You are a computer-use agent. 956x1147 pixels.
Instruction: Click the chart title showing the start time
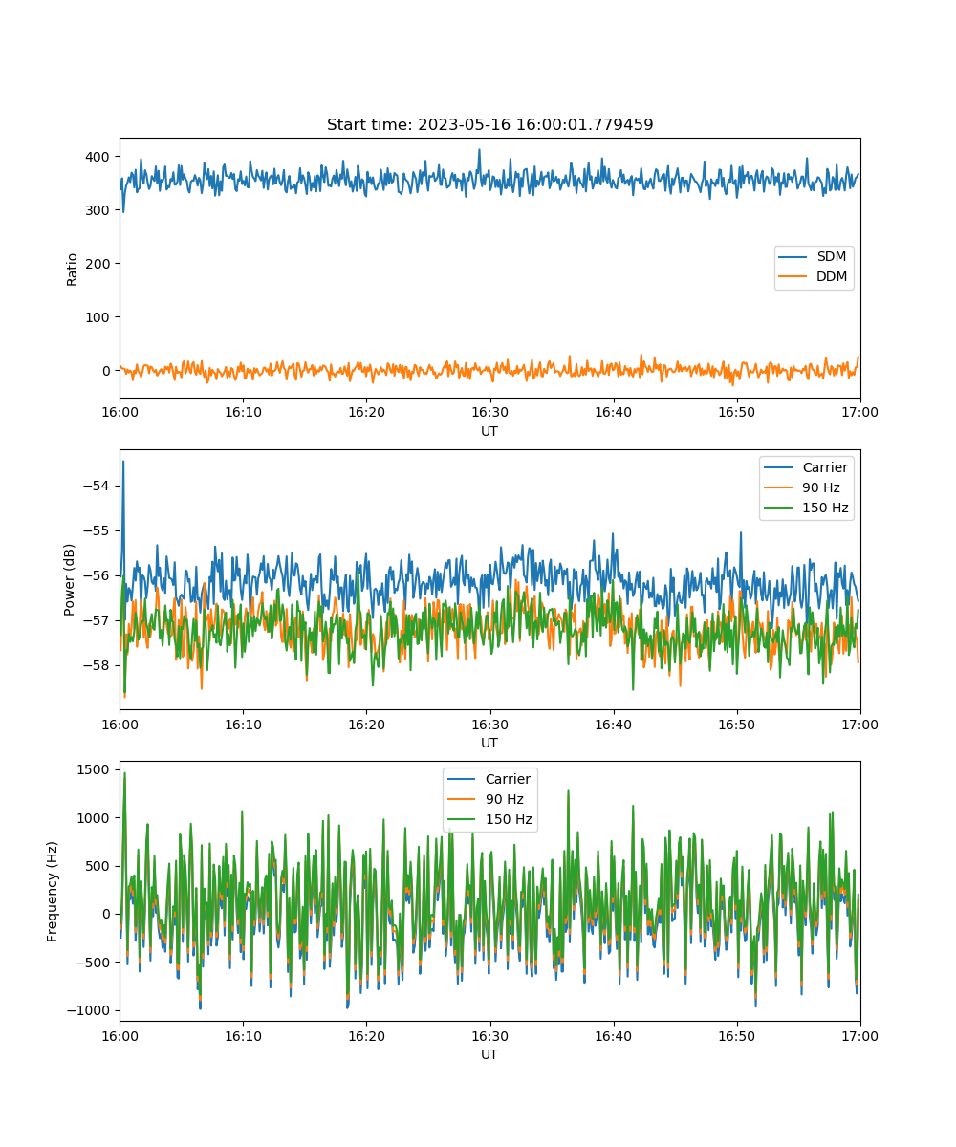[x=489, y=124]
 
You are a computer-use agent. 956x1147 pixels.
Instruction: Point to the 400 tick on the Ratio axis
[x=98, y=157]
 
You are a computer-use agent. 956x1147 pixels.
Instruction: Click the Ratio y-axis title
[x=72, y=270]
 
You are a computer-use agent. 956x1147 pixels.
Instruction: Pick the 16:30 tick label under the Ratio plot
[x=489, y=412]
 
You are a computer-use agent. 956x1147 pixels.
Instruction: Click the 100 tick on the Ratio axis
[x=98, y=317]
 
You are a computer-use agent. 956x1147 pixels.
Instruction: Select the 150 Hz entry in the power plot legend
[x=806, y=508]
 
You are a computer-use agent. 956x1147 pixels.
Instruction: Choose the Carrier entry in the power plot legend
[x=806, y=467]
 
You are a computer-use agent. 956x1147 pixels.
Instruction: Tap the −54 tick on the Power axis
[x=97, y=486]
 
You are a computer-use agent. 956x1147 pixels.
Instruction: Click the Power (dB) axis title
[x=69, y=579]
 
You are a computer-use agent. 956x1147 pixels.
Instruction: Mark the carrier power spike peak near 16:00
[x=123, y=462]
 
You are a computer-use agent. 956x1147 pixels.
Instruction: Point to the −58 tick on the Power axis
[x=97, y=665]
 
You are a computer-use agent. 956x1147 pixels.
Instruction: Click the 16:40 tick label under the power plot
[x=613, y=725]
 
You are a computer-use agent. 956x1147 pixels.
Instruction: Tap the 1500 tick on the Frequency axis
[x=94, y=769]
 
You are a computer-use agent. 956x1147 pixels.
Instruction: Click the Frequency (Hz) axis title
[x=52, y=892]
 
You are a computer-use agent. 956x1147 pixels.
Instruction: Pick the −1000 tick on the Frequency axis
[x=89, y=1010]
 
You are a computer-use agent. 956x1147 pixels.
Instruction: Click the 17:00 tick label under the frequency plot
[x=859, y=1036]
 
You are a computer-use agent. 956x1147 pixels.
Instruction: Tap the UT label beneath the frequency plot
[x=489, y=1054]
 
